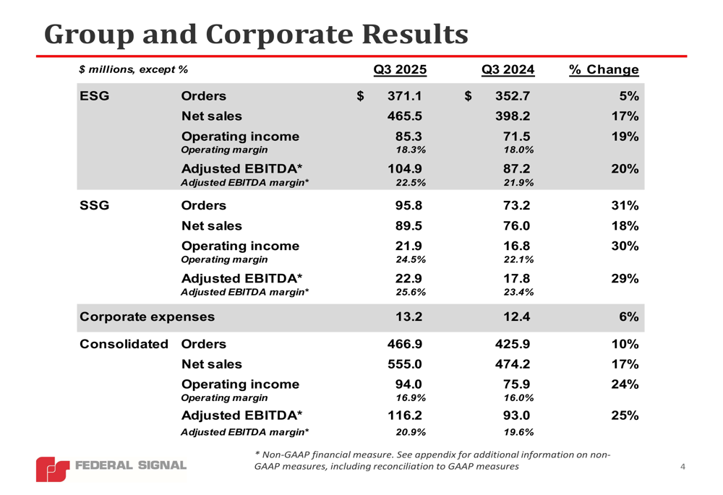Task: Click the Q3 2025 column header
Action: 400,69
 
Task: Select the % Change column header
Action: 604,69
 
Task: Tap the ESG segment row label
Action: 94,96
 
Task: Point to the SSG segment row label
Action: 94,205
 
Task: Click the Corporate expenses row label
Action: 147,317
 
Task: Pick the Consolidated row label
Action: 124,344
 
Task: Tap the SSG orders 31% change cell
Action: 625,205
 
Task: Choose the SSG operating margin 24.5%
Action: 411,259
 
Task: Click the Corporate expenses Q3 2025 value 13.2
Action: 408,317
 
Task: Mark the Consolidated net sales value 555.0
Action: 405,364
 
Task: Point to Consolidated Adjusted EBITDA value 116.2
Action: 405,416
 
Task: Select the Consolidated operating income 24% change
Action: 625,384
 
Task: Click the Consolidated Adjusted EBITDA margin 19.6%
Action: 518,432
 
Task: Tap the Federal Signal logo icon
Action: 53,468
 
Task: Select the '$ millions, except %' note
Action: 134,69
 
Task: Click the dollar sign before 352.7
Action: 469,96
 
